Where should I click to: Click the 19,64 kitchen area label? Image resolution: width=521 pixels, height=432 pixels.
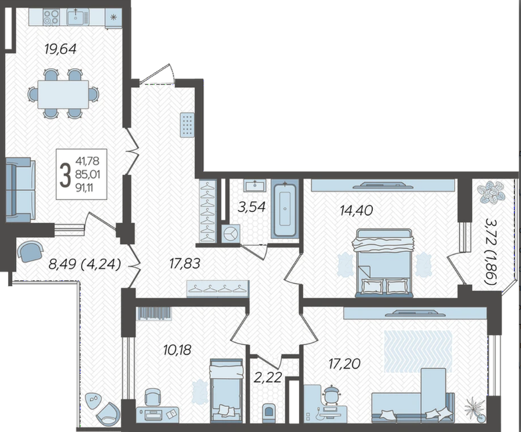(60, 49)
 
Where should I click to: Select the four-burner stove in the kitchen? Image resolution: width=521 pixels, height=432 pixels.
(52, 17)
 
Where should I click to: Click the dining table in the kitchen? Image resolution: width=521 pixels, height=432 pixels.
(63, 94)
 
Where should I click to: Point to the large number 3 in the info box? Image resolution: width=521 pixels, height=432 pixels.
(65, 175)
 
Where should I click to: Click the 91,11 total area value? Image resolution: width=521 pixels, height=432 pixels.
(85, 188)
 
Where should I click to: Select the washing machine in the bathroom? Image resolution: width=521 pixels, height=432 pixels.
(230, 234)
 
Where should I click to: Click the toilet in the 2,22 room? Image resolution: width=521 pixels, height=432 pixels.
(268, 411)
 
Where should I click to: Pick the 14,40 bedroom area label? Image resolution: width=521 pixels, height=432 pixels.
(356, 210)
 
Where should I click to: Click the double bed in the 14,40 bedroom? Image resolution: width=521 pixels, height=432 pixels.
(384, 263)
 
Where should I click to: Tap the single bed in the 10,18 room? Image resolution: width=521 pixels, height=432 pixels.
(226, 387)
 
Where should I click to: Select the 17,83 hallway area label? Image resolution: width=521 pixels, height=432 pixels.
(185, 264)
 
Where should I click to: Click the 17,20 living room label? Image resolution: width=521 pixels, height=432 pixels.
(344, 364)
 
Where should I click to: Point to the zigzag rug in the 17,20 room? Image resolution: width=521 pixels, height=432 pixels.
(419, 351)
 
